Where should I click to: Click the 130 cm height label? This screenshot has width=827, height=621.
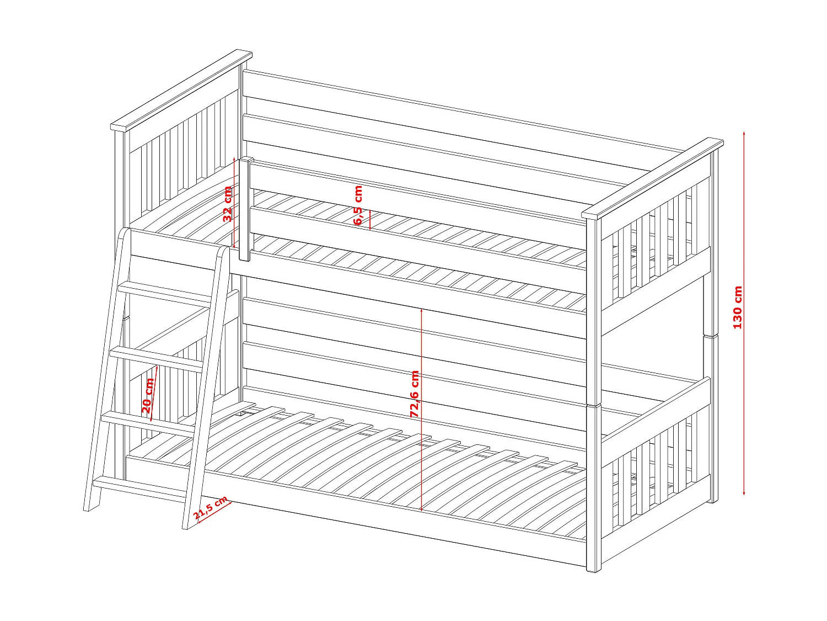pos(738,307)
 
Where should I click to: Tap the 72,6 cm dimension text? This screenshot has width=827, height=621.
pos(415,394)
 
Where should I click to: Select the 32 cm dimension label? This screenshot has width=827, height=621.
pos(228,204)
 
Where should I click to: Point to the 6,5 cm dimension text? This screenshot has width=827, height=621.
pos(358,205)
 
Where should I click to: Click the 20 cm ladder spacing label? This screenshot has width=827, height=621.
pos(147,396)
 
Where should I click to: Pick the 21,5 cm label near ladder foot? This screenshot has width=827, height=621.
pos(211,508)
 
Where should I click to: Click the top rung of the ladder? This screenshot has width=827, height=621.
pos(165,291)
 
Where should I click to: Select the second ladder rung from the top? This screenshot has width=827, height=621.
pos(157,357)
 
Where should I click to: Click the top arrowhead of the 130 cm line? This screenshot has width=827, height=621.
pos(744,134)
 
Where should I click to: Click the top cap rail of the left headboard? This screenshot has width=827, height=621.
pos(182,91)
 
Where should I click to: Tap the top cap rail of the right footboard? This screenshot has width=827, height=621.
pos(653,178)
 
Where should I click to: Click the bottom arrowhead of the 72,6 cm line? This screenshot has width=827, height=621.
pos(421,508)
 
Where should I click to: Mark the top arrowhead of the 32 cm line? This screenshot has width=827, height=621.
pos(235,159)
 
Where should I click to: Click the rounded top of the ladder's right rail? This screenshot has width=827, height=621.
pos(223,251)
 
